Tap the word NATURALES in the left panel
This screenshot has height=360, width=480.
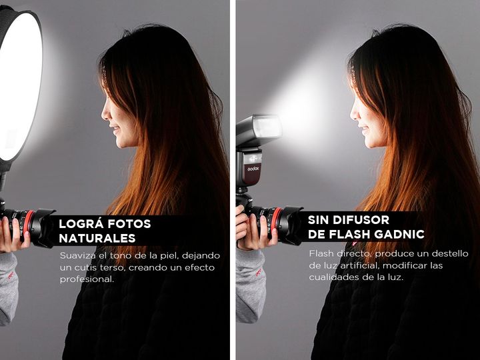97,238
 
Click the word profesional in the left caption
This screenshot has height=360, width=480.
87,279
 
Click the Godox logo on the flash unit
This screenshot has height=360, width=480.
253,168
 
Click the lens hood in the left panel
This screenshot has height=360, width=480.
45,228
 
